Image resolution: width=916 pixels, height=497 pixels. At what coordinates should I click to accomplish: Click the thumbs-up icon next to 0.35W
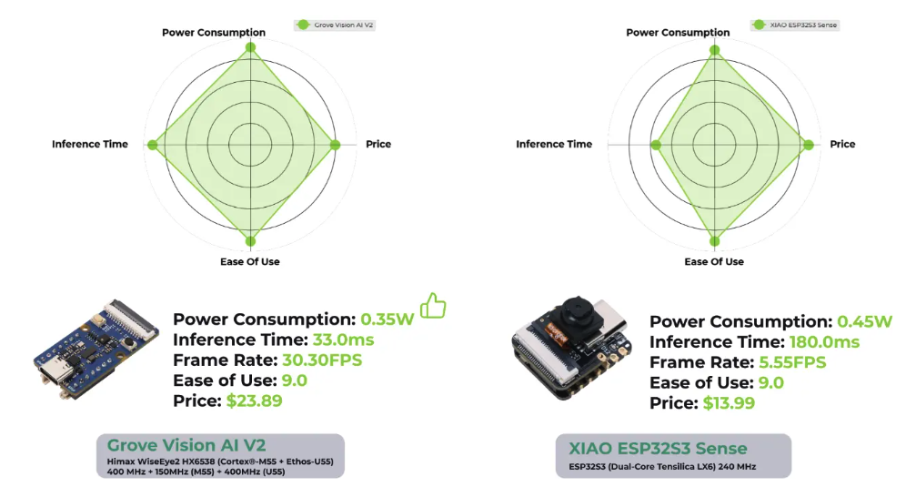[433, 305]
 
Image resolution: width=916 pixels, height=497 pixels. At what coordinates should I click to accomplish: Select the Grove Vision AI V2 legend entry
[335, 25]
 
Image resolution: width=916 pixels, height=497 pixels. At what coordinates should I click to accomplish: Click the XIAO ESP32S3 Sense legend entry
[795, 25]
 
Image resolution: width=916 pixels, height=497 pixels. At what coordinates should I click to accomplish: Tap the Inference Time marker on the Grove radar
[153, 145]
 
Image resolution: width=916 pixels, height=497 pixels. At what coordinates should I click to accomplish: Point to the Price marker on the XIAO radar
[809, 145]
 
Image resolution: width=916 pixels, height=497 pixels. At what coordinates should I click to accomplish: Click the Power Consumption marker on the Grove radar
[251, 47]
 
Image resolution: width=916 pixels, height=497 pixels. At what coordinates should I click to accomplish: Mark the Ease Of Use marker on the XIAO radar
[714, 241]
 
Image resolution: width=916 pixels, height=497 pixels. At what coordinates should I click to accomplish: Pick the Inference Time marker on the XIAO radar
[656, 145]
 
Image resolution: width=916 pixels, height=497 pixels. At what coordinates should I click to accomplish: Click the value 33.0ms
[343, 340]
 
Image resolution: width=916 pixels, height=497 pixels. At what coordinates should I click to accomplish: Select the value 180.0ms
[824, 342]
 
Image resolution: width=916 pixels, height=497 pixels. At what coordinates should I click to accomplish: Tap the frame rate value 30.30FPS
[322, 360]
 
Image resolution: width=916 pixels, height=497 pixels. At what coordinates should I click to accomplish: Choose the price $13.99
[729, 403]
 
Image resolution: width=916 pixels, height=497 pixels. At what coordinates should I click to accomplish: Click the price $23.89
[254, 401]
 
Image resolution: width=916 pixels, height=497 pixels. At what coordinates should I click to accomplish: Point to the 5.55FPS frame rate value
[792, 362]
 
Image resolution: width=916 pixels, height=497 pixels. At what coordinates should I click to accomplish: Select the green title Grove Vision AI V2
[186, 445]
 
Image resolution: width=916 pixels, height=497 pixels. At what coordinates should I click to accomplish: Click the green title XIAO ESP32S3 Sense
[658, 449]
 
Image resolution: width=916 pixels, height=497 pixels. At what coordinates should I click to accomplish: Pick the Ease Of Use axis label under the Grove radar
[250, 262]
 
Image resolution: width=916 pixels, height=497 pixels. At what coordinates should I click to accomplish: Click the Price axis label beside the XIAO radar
[842, 145]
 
